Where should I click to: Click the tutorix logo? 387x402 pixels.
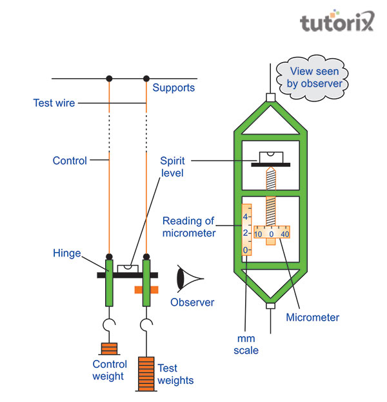(337, 23)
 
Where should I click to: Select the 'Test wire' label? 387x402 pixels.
(54, 103)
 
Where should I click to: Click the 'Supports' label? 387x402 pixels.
(174, 87)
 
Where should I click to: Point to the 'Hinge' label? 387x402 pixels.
(67, 254)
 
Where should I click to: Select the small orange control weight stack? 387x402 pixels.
(108, 350)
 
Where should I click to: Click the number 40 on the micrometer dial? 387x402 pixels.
(284, 234)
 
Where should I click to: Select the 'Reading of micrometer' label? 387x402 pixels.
(188, 227)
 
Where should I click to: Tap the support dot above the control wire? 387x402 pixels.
(109, 79)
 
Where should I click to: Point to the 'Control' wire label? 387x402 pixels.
(69, 160)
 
